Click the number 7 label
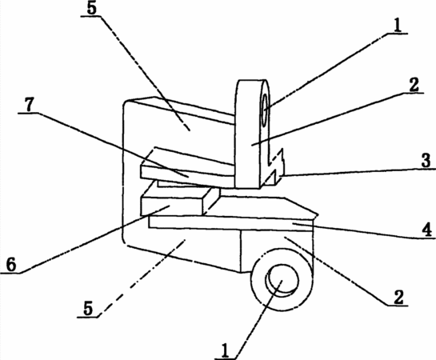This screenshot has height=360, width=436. click(x=29, y=104)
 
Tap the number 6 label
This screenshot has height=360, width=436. click(x=11, y=264)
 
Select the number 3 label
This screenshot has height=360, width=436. click(x=426, y=161)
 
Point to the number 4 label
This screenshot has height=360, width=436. click(x=426, y=230)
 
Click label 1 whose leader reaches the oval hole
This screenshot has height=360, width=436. click(x=398, y=26)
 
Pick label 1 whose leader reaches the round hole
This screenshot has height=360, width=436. click(x=225, y=350)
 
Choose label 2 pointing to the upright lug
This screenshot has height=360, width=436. click(x=414, y=85)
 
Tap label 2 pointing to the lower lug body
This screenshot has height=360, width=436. click(x=398, y=297)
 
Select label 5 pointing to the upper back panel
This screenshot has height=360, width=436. click(x=91, y=8)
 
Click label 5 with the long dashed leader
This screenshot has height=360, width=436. click(x=87, y=308)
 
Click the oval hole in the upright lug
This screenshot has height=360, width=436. click(x=265, y=110)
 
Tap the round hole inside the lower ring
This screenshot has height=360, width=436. click(x=282, y=280)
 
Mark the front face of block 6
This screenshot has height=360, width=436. click(x=171, y=206)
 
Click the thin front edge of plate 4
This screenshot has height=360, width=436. click(x=230, y=223)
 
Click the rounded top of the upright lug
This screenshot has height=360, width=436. click(x=252, y=82)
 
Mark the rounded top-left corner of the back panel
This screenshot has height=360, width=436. click(x=126, y=103)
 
